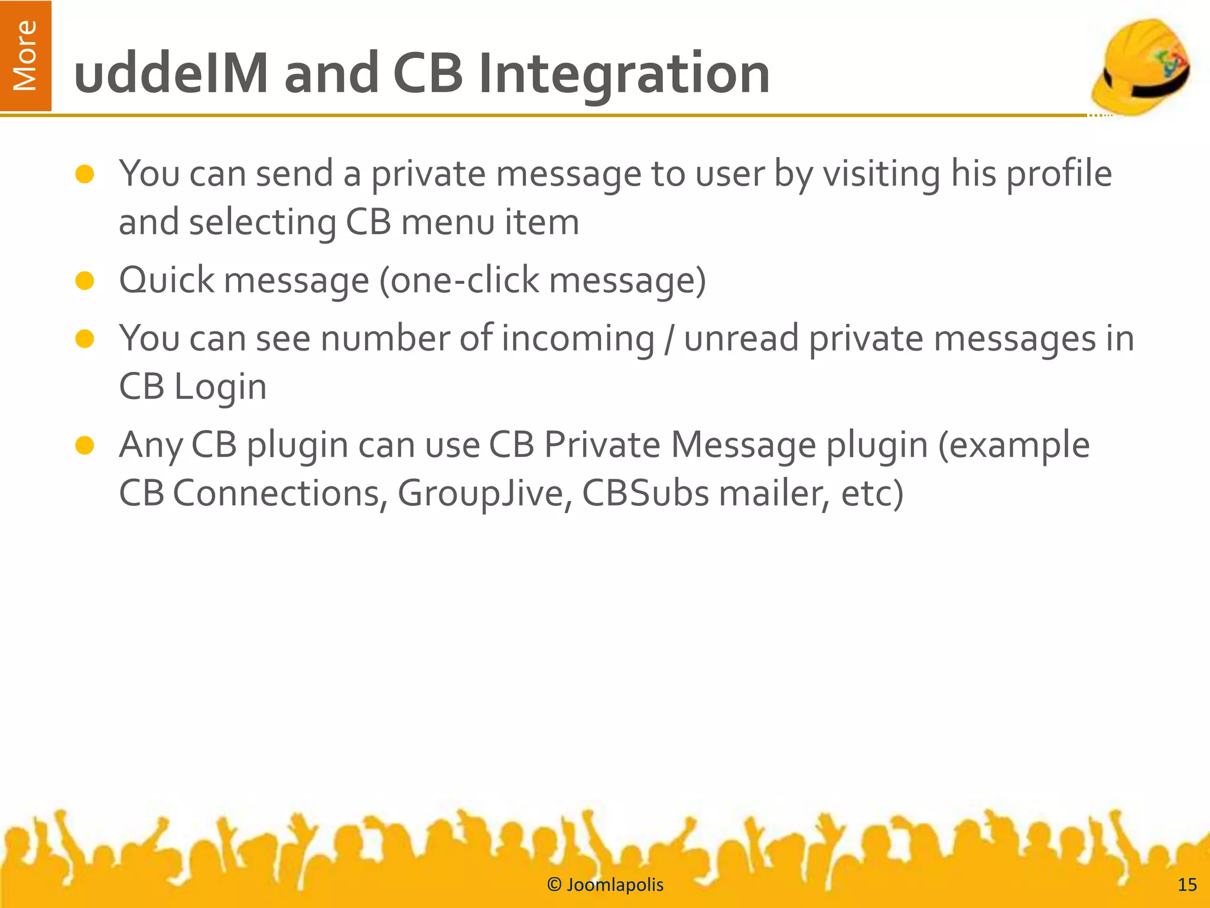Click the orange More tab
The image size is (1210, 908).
tap(25, 56)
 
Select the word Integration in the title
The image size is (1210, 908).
tap(624, 74)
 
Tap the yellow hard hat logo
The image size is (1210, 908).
tap(1140, 66)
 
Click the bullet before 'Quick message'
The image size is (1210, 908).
tap(85, 281)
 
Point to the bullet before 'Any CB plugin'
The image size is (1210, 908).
tap(85, 446)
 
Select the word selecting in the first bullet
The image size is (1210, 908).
tap(262, 223)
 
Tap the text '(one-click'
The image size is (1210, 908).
tap(458, 280)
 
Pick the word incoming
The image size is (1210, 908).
tap(578, 339)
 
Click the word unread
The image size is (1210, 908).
tap(741, 339)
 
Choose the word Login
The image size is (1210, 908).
tap(220, 388)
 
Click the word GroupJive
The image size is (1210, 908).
tap(481, 494)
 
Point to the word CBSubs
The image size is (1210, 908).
tap(645, 494)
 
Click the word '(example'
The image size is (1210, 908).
tap(1014, 446)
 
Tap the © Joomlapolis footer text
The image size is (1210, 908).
tap(605, 885)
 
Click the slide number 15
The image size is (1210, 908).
tap(1187, 885)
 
